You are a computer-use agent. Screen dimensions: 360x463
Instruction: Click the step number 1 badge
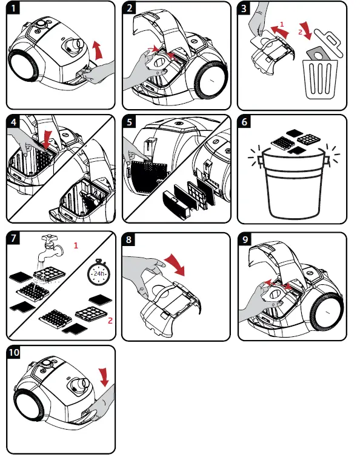coord(13,8)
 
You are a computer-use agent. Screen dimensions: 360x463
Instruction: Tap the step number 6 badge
coord(244,121)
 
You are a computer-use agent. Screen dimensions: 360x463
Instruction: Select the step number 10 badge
coord(14,352)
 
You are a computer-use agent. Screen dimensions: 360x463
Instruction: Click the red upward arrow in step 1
coord(98,50)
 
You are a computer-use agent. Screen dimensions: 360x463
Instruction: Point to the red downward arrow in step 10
coord(104,377)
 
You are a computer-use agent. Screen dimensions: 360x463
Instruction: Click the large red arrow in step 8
coord(175,264)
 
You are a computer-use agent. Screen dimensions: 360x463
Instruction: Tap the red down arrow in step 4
coord(47,140)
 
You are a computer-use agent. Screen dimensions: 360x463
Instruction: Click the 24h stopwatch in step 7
coord(99,272)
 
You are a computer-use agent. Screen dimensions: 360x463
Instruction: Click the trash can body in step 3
coord(320,79)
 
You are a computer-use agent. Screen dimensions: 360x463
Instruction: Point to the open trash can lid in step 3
coord(328,43)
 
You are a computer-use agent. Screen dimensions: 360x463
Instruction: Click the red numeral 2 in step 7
coord(110,321)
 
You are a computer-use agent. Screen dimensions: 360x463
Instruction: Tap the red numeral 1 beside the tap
coord(76,245)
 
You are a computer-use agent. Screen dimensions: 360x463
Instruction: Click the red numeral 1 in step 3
coord(282,24)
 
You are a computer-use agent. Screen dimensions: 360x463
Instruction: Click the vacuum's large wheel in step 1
coord(24,65)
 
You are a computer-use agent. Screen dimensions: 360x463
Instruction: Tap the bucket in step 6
coord(293,184)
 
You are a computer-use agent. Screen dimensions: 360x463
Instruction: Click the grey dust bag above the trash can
coord(318,54)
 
